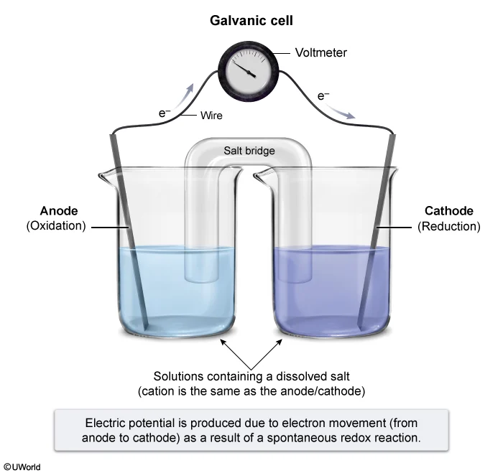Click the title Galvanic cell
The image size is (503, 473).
(x=251, y=21)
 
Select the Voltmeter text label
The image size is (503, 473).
(x=320, y=52)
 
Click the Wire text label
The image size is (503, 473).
(x=211, y=115)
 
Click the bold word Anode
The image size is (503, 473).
(x=58, y=211)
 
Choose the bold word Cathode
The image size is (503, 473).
(x=448, y=211)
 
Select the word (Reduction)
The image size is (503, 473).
(x=448, y=226)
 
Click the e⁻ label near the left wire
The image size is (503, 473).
(x=165, y=113)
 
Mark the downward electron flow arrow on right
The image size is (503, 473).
(x=343, y=111)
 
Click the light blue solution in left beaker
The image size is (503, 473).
(x=172, y=294)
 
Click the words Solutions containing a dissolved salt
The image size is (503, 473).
(x=251, y=377)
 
